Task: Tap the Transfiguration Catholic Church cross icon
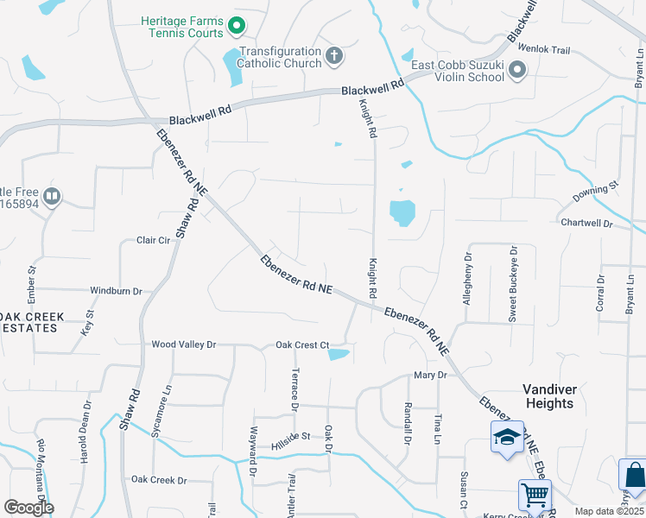point(334,57)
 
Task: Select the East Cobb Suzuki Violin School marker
point(518,70)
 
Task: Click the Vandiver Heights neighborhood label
point(548,396)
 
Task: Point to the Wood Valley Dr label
point(182,344)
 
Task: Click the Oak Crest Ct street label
point(302,345)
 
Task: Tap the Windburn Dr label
point(116,292)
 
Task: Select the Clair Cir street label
point(155,241)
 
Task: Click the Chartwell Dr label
point(586,224)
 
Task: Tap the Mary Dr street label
point(429,376)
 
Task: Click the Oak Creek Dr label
point(159,480)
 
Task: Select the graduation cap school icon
point(507,437)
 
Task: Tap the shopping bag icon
point(635,474)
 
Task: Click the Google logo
point(28,508)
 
